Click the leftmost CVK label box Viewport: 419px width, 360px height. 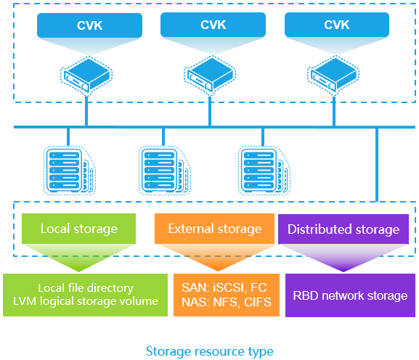(89, 25)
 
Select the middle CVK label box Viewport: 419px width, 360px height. (213, 25)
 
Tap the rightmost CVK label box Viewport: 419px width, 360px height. (336, 25)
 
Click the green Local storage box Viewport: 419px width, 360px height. (79, 229)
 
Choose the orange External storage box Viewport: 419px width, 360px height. (214, 229)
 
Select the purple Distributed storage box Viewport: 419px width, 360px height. (343, 229)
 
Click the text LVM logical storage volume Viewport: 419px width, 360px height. (88, 301)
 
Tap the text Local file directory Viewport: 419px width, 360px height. (88, 287)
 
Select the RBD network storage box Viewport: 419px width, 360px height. (349, 295)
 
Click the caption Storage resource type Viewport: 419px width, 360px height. (209, 351)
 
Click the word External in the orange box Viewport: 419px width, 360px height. (190, 229)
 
